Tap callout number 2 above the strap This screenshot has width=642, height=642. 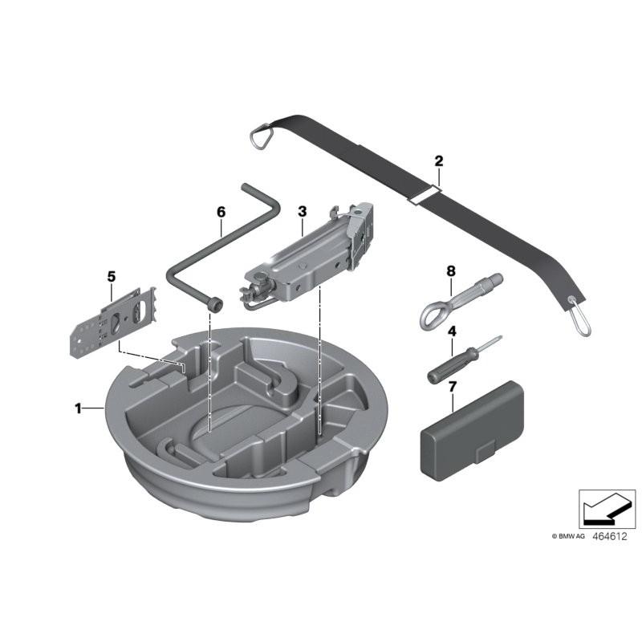(x=438, y=160)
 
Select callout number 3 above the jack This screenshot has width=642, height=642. (x=302, y=211)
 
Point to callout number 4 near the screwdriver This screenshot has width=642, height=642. (x=452, y=331)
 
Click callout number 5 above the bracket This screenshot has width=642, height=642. (x=112, y=277)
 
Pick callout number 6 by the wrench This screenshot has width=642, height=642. (x=221, y=212)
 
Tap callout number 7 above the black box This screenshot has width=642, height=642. (x=452, y=387)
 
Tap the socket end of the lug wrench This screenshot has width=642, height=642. (x=214, y=305)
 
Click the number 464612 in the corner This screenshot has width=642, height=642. (x=610, y=534)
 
